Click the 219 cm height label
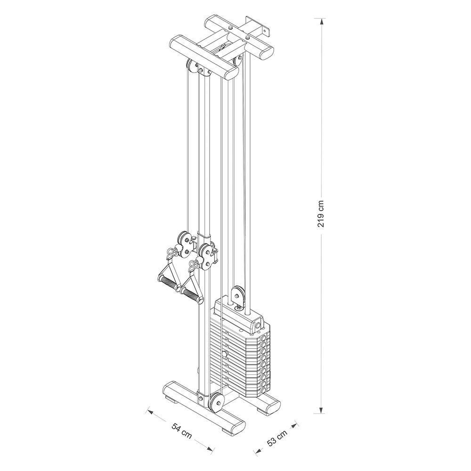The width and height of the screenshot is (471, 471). pyautogui.click(x=321, y=213)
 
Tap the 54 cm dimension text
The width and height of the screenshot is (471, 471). pyautogui.click(x=182, y=430)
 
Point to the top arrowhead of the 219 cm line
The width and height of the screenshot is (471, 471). pyautogui.click(x=321, y=22)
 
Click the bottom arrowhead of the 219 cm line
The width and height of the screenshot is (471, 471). pyautogui.click(x=321, y=410)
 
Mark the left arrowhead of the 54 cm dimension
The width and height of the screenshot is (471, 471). pyautogui.click(x=149, y=411)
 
